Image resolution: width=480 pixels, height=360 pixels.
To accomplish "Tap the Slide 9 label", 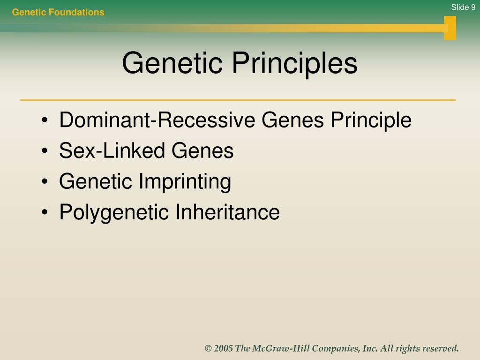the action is click(463, 7).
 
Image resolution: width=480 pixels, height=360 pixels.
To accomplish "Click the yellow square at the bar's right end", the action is click(450, 28).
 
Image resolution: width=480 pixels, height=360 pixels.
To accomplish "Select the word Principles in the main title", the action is click(295, 64).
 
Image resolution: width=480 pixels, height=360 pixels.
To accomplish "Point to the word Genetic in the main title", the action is click(172, 63).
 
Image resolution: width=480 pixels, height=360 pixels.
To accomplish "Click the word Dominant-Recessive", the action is click(157, 120).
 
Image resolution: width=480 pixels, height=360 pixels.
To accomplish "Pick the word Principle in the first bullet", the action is click(371, 120).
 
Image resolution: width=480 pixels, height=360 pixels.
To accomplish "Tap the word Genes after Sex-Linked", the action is click(202, 150).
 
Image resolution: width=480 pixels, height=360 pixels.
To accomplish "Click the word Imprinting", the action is click(185, 182).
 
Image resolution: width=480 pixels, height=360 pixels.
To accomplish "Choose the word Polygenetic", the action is click(114, 212).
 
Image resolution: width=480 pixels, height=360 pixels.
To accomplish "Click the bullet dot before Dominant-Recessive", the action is click(45, 120).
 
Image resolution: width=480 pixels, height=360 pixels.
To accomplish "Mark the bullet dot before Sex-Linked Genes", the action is click(45, 150).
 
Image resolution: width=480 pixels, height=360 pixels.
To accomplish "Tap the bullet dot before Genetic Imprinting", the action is click(45, 181).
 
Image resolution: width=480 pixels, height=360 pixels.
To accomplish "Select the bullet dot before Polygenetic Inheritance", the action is click(45, 212).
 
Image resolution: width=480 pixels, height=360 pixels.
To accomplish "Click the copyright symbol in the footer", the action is click(208, 348).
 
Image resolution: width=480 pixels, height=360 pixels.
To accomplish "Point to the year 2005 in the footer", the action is click(223, 348).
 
